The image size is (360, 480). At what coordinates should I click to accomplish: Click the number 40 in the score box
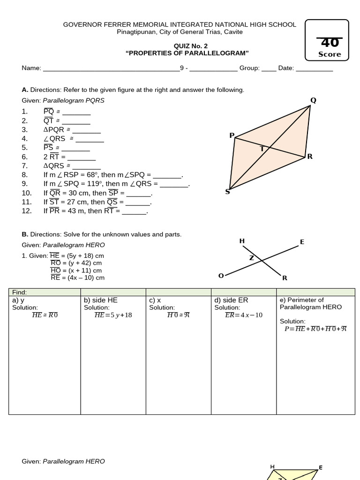[330, 43]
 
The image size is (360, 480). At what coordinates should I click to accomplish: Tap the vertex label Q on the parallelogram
[313, 100]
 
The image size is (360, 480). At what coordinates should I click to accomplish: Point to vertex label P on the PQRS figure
[232, 135]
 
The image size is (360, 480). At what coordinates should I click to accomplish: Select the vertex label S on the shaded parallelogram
[228, 191]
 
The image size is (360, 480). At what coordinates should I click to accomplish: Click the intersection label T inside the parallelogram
[262, 149]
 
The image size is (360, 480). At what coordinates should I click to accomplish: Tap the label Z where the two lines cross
[251, 258]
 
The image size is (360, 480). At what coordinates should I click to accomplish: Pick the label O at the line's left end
[221, 276]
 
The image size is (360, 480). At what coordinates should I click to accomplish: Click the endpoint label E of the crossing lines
[302, 242]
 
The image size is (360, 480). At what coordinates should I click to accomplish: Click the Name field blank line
[111, 68]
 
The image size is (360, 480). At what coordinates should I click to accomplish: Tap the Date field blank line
[315, 68]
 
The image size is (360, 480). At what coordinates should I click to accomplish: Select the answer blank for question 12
[135, 211]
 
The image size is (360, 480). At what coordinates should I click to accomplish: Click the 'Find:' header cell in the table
[20, 292]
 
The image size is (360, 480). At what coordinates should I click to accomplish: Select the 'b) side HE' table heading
[100, 300]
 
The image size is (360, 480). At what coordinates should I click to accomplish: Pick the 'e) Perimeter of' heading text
[302, 300]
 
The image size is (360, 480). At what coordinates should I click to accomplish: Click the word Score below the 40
[330, 54]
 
